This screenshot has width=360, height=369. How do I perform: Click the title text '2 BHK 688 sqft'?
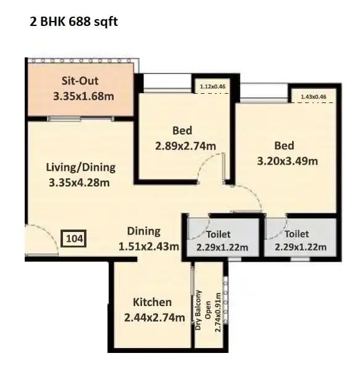click(73, 22)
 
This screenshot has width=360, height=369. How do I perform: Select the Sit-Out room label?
click(80, 81)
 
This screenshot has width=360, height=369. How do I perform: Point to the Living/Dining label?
click(81, 167)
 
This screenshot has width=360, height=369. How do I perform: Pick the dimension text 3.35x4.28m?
click(79, 182)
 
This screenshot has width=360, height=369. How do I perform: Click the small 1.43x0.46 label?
click(314, 97)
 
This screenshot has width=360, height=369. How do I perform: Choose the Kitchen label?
click(152, 302)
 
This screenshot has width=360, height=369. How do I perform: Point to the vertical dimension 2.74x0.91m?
click(218, 312)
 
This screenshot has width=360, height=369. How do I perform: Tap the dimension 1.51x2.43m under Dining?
click(149, 247)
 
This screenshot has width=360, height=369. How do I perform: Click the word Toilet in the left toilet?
click(219, 234)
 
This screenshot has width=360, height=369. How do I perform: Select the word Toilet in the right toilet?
click(297, 234)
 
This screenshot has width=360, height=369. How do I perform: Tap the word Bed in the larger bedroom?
click(284, 146)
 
